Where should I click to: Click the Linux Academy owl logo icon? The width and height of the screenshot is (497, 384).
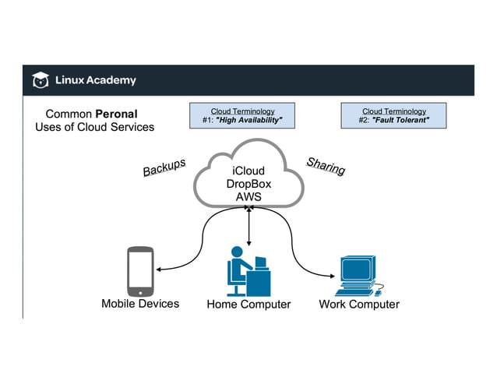[x=40, y=80]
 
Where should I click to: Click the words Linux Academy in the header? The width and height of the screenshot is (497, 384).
[x=95, y=80]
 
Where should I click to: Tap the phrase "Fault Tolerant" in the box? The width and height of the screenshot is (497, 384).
[x=400, y=120]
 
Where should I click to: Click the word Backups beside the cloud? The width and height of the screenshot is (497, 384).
[x=164, y=167]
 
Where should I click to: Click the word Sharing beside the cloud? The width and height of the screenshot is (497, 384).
[x=326, y=166]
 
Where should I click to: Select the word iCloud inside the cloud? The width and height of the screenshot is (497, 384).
[x=248, y=171]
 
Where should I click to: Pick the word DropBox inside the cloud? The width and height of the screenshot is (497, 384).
[x=248, y=184]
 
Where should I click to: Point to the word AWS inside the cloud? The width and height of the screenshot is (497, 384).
[x=248, y=197]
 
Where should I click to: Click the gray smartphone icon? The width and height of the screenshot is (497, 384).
[x=140, y=271]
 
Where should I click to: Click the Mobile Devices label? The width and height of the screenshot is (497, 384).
[x=140, y=304]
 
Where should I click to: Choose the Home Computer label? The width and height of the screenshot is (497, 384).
[x=248, y=305]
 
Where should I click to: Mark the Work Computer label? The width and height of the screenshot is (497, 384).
[x=359, y=305]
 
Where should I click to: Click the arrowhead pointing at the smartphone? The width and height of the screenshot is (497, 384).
[x=159, y=270]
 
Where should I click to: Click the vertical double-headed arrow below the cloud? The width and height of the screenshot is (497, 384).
[x=248, y=228]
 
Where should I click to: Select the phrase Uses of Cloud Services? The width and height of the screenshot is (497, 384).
[x=94, y=127]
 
